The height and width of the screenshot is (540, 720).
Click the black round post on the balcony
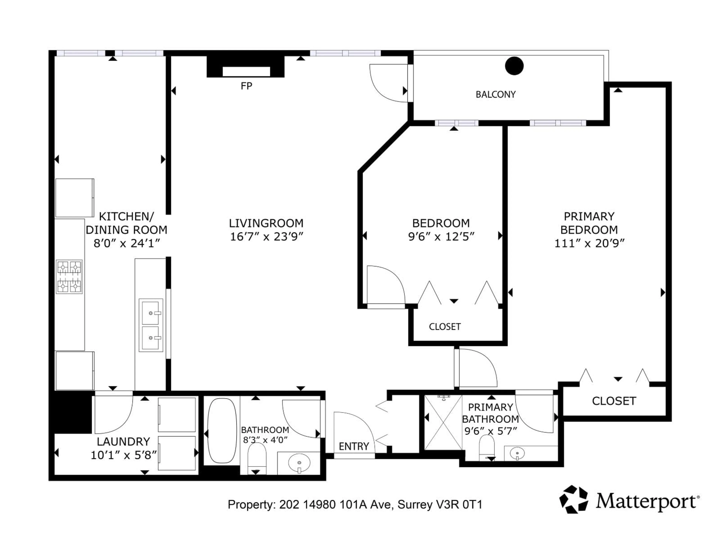click(514, 66)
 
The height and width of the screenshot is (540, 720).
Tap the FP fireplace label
click(246, 86)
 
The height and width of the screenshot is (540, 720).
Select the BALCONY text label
click(496, 94)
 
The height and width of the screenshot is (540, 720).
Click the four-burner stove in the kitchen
click(69, 277)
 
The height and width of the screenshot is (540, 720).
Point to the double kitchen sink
click(151, 325)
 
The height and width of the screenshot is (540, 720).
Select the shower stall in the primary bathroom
click(443, 422)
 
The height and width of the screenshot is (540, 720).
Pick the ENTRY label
click(354, 446)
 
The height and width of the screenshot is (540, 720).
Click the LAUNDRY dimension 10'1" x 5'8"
click(124, 455)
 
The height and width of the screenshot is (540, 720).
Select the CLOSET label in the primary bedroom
click(614, 401)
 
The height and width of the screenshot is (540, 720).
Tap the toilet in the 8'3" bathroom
click(257, 458)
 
